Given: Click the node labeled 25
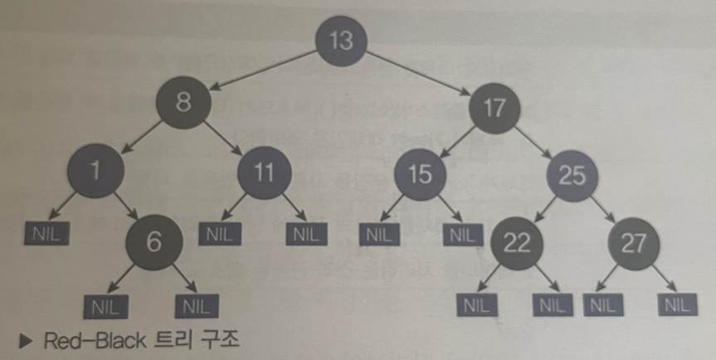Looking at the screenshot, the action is tap(572, 175).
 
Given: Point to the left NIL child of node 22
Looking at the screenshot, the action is tap(476, 304).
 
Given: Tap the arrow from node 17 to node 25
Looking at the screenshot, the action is tap(537, 141).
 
